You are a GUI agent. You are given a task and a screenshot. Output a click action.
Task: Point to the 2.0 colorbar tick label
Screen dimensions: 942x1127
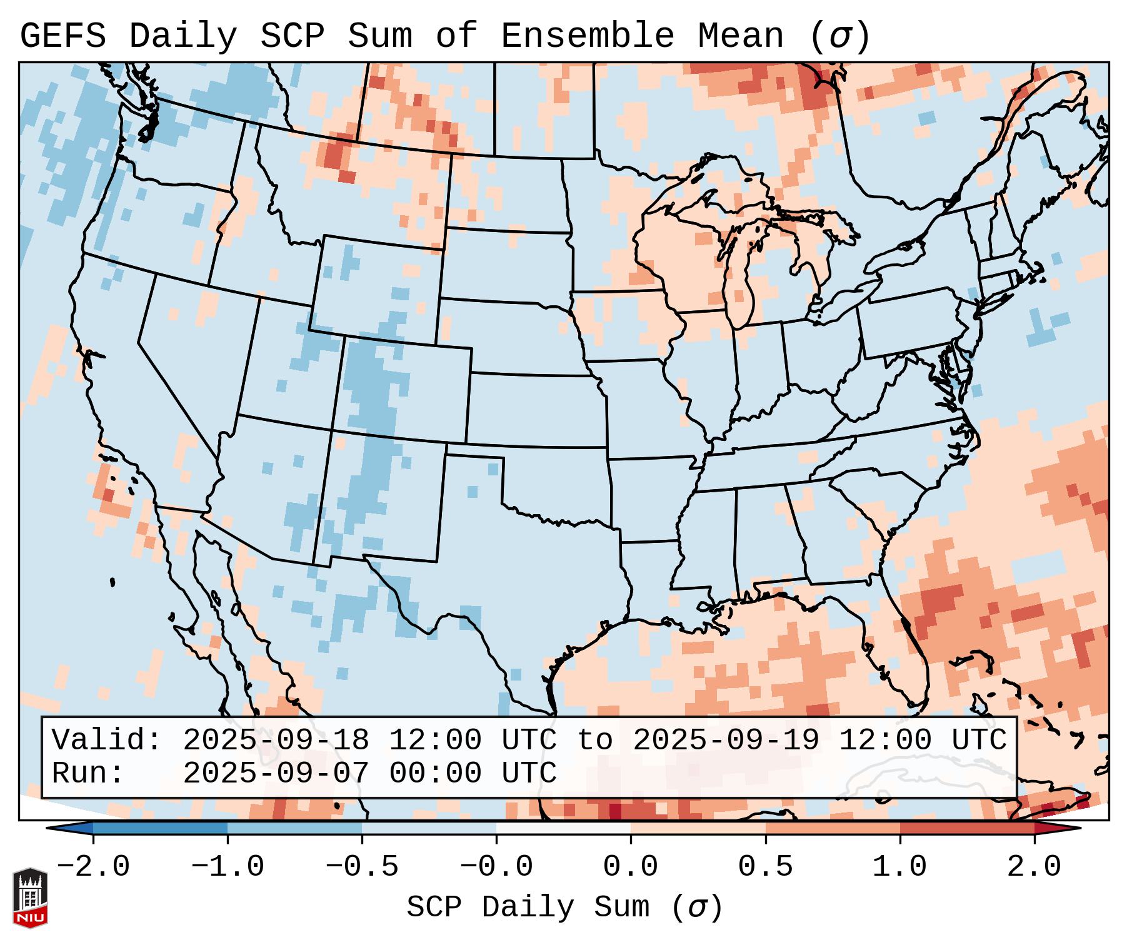pos(1034,867)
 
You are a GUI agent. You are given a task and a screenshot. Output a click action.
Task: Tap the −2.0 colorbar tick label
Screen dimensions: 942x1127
pos(93,867)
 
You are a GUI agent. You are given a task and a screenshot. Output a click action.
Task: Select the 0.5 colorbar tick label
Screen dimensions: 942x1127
pos(765,867)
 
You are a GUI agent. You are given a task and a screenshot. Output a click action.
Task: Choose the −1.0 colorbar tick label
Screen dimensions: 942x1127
pos(228,867)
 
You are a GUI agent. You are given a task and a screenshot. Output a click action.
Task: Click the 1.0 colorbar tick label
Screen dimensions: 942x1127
pos(899,867)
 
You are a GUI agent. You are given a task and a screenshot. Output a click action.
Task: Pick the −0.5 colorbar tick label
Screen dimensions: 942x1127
pos(362,867)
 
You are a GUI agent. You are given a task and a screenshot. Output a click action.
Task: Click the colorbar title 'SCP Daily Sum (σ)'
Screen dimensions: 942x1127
pos(564,907)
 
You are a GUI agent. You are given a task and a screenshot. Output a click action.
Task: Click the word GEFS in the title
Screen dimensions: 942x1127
pos(63,36)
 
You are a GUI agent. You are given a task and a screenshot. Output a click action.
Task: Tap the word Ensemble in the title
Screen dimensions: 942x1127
pos(587,36)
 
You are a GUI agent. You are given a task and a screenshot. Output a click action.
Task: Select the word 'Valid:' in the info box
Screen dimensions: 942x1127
pos(107,740)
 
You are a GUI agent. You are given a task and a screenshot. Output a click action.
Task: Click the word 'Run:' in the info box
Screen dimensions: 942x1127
pos(88,773)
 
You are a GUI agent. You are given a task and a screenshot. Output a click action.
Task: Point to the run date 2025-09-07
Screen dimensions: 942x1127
pos(276,773)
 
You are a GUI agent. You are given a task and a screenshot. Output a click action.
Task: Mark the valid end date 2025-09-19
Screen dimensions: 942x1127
pos(726,740)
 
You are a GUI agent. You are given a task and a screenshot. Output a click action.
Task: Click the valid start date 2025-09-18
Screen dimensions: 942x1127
pos(276,740)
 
